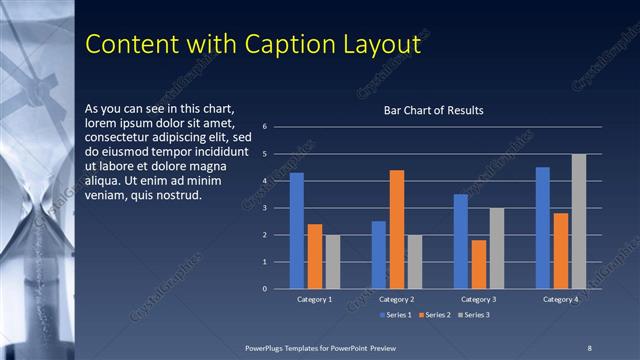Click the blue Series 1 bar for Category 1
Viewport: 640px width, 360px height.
(x=296, y=231)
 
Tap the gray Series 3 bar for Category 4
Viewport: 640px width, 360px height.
(x=579, y=221)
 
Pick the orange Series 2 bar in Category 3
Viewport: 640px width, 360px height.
(x=479, y=264)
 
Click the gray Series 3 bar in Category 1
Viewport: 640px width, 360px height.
(x=333, y=261)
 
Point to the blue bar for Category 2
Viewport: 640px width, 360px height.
(x=379, y=255)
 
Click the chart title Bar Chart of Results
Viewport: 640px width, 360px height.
(x=434, y=110)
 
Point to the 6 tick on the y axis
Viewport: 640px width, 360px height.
(x=264, y=127)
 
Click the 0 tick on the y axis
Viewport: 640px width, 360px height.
(x=264, y=289)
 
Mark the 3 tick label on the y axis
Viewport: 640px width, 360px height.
(x=264, y=208)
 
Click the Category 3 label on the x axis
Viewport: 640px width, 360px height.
(x=479, y=299)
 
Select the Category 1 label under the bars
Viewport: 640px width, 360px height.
(x=315, y=299)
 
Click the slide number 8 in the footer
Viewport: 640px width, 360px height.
(x=589, y=347)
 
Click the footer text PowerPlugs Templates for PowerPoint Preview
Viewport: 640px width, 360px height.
(x=321, y=347)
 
